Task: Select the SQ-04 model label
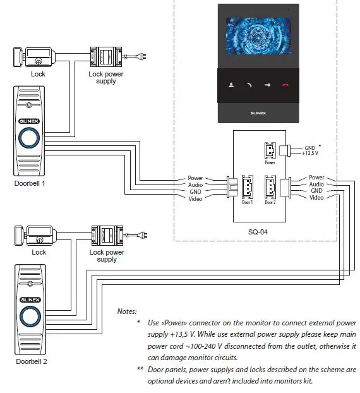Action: tap(258, 231)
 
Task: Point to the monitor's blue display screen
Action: tap(258, 39)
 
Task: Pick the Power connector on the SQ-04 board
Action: tap(270, 152)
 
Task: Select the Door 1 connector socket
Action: tap(247, 188)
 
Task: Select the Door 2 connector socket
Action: tap(270, 188)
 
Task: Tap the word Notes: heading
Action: tap(128, 311)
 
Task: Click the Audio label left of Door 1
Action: tap(195, 184)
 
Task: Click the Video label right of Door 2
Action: tap(316, 198)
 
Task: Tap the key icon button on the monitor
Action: tap(267, 85)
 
